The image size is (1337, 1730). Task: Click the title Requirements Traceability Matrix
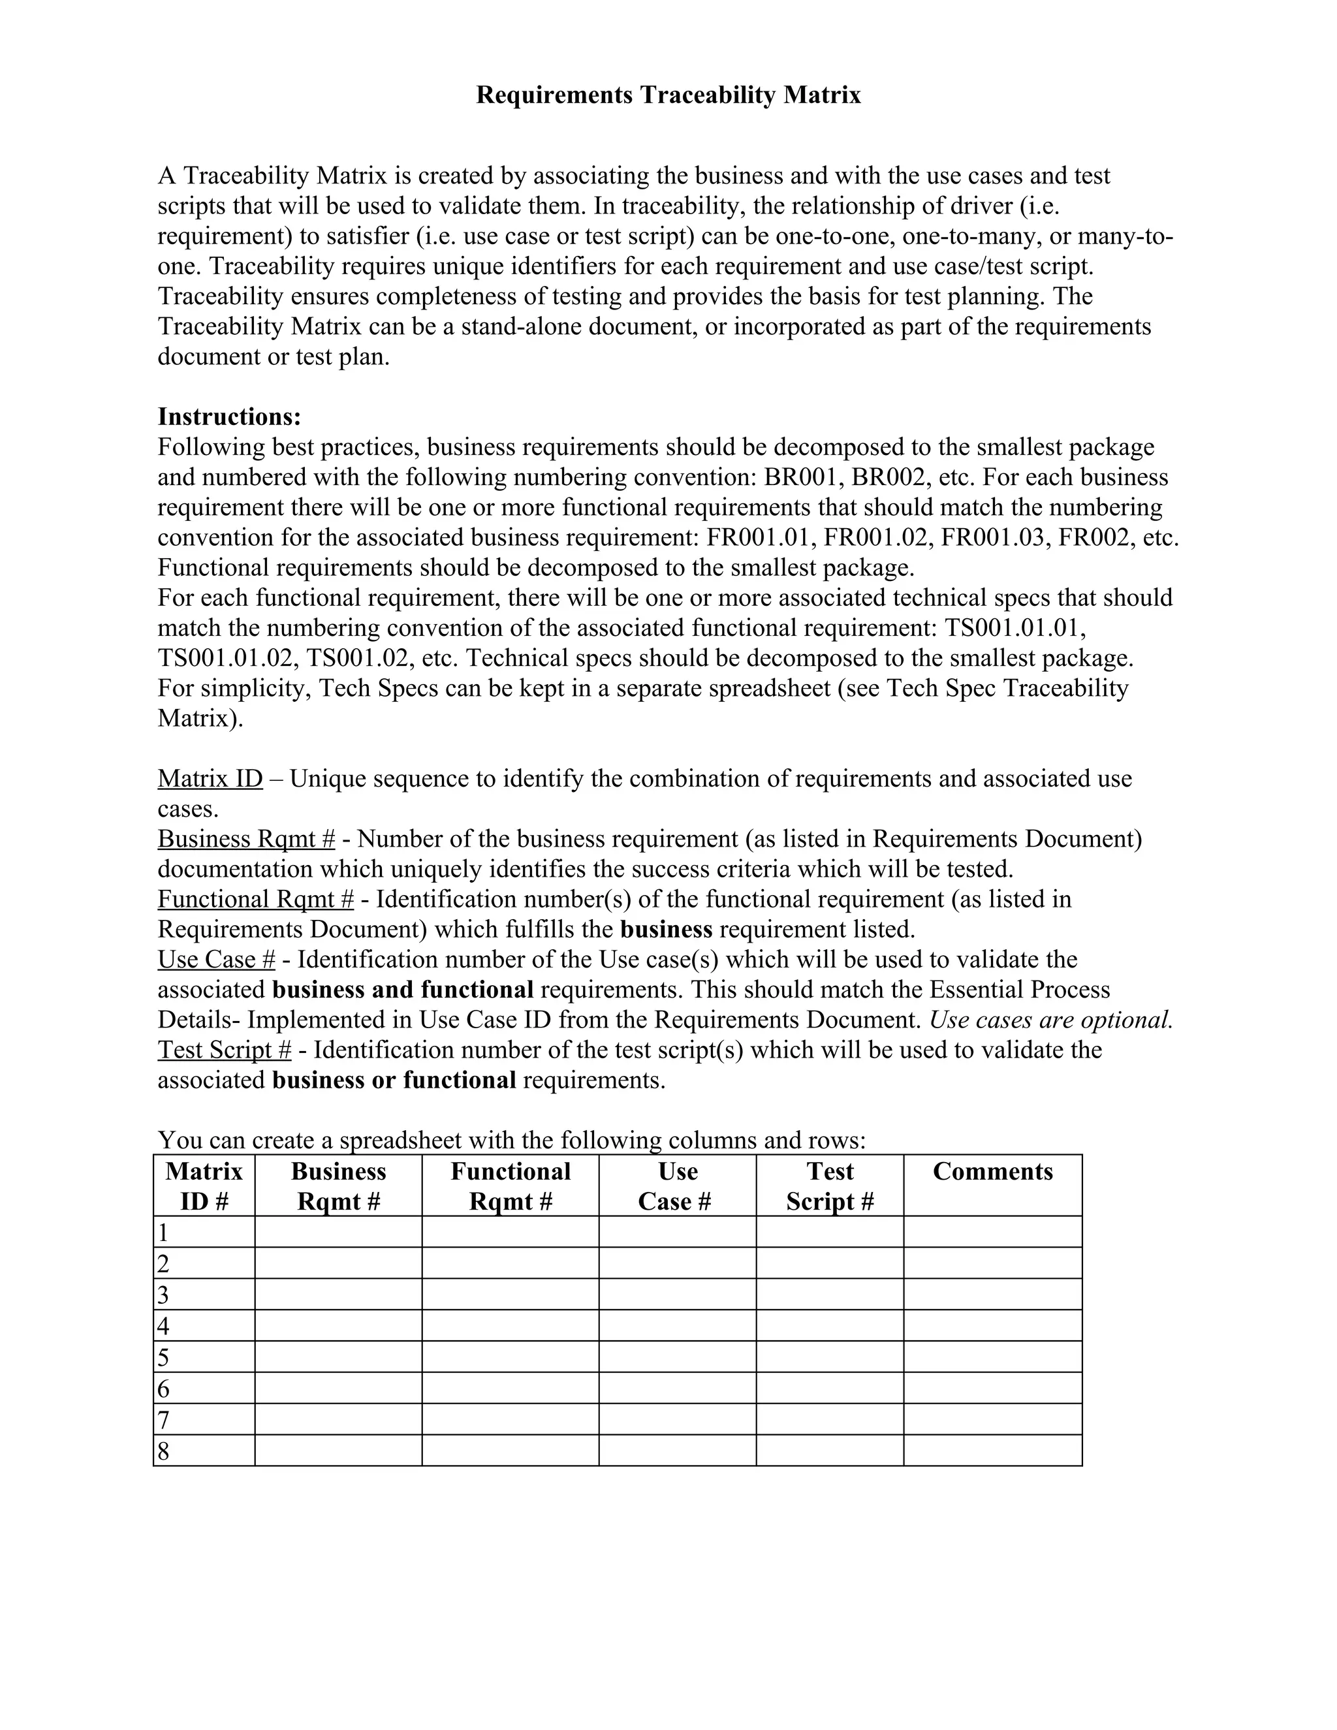(x=668, y=95)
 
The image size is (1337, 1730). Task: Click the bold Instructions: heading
(x=229, y=417)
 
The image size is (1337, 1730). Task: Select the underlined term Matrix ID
(x=210, y=779)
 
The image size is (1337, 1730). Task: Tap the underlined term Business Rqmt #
(x=246, y=839)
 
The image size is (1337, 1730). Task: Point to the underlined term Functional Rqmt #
(x=255, y=899)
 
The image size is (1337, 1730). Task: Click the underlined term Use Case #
(x=216, y=959)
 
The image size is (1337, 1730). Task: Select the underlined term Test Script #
(x=224, y=1050)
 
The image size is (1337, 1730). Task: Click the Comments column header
(x=992, y=1172)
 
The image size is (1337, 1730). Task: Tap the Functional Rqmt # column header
(x=510, y=1186)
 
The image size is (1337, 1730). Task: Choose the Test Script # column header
(x=829, y=1186)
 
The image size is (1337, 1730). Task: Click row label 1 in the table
(x=163, y=1233)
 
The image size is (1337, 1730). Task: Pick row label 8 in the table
(x=163, y=1451)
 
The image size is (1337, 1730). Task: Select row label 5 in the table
(x=163, y=1358)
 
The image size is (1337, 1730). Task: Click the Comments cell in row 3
(x=992, y=1295)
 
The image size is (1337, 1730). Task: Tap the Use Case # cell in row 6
(x=677, y=1389)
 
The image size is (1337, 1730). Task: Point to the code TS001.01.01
(x=1015, y=628)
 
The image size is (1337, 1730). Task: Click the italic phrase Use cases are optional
(x=1050, y=1020)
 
